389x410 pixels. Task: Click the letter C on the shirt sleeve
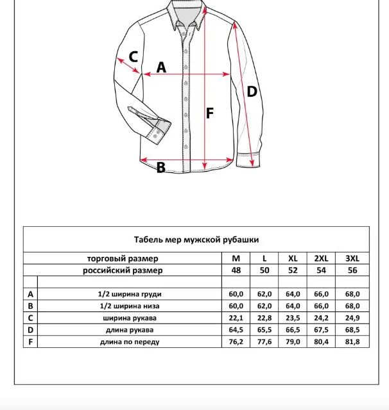134,56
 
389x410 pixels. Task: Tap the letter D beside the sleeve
252,92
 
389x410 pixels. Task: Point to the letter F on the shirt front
209,113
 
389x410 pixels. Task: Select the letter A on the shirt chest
161,67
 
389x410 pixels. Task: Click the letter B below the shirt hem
161,168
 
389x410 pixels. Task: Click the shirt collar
187,14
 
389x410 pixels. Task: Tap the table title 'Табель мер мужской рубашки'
196,240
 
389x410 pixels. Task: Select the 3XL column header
352,258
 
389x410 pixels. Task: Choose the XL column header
293,258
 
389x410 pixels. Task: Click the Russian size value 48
236,270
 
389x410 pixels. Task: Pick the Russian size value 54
321,270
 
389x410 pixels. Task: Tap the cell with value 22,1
236,318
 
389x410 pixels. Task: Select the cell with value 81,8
352,342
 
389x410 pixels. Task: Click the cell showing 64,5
236,330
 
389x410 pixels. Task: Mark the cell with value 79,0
293,342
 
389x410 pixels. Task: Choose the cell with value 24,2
321,318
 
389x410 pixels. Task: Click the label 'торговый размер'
123,258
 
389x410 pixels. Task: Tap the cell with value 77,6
264,342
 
